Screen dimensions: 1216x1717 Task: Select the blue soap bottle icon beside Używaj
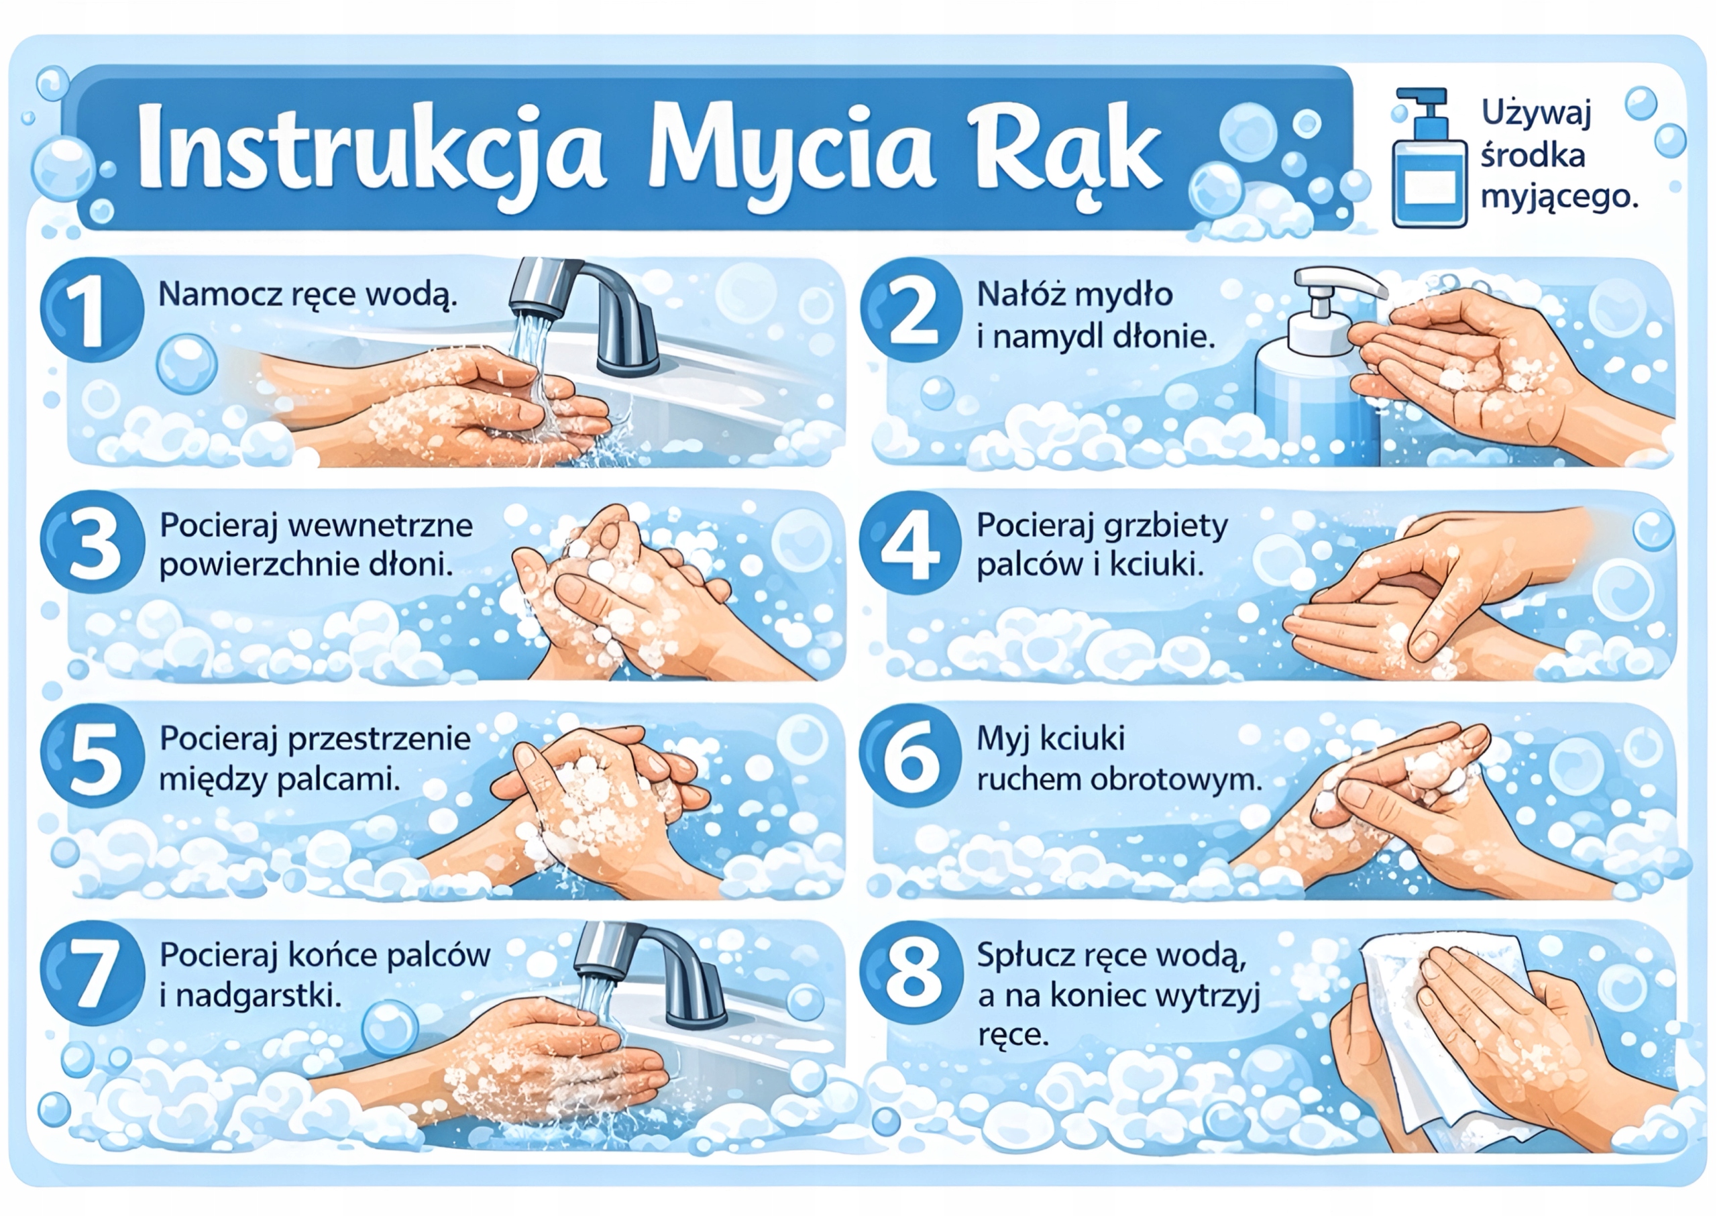click(x=1429, y=168)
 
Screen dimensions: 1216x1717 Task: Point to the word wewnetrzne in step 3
click(x=380, y=526)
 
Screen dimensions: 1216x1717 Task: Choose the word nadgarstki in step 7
click(x=258, y=996)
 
